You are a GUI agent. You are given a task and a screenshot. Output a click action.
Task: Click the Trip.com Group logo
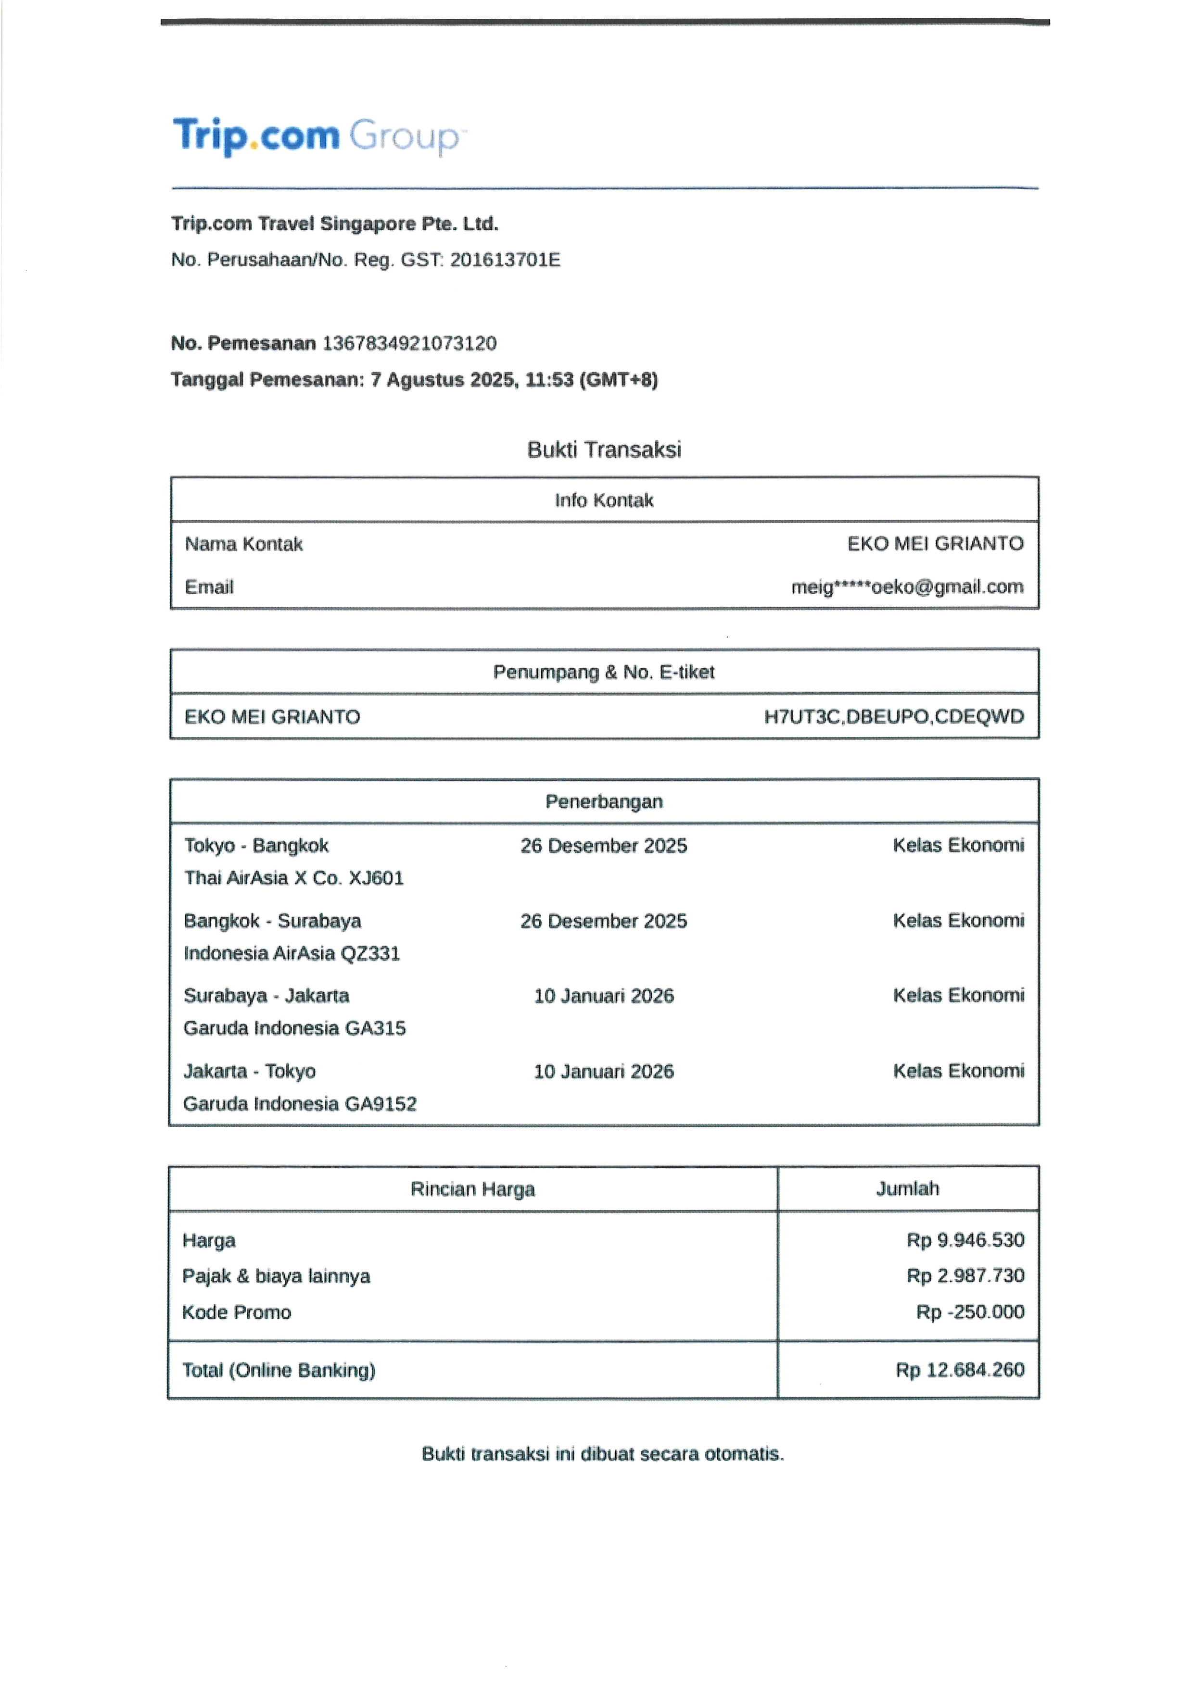pos(317,137)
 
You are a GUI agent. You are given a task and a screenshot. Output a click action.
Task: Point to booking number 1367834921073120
pos(409,344)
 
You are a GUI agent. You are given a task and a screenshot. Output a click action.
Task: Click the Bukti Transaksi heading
pos(604,450)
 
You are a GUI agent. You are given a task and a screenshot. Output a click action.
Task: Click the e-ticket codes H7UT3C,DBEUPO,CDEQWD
pos(893,717)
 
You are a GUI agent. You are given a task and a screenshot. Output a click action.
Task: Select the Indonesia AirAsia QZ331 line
pos(292,953)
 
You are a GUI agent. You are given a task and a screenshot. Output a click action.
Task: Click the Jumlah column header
pos(907,1189)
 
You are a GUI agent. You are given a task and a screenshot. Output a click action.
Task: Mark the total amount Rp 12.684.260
pos(959,1370)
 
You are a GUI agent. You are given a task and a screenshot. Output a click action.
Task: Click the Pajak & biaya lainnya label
pos(276,1276)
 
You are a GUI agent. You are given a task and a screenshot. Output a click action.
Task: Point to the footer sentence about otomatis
pos(602,1454)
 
